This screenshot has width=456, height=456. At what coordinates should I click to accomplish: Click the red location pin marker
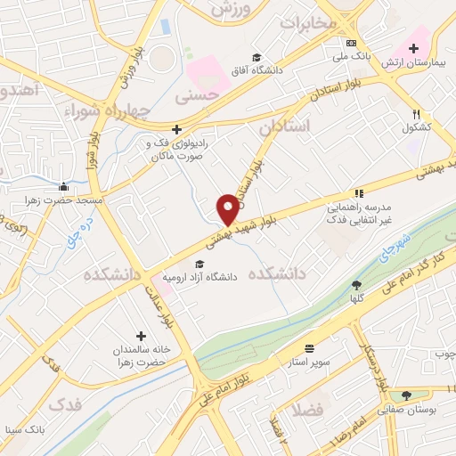coord(228,208)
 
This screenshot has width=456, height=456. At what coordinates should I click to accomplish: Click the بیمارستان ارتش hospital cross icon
coord(412,48)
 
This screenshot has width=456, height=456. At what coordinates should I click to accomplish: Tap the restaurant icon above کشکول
coord(416,114)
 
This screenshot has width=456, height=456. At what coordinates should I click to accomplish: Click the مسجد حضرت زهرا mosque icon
coord(64,187)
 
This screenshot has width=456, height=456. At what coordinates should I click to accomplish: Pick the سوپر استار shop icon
coord(309,348)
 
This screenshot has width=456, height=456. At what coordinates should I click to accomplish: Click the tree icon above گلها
coord(357,285)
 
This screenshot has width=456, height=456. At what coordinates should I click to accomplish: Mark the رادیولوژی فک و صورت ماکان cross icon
coord(176,129)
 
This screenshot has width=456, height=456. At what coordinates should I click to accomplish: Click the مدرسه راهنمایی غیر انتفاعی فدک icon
coord(359,191)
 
